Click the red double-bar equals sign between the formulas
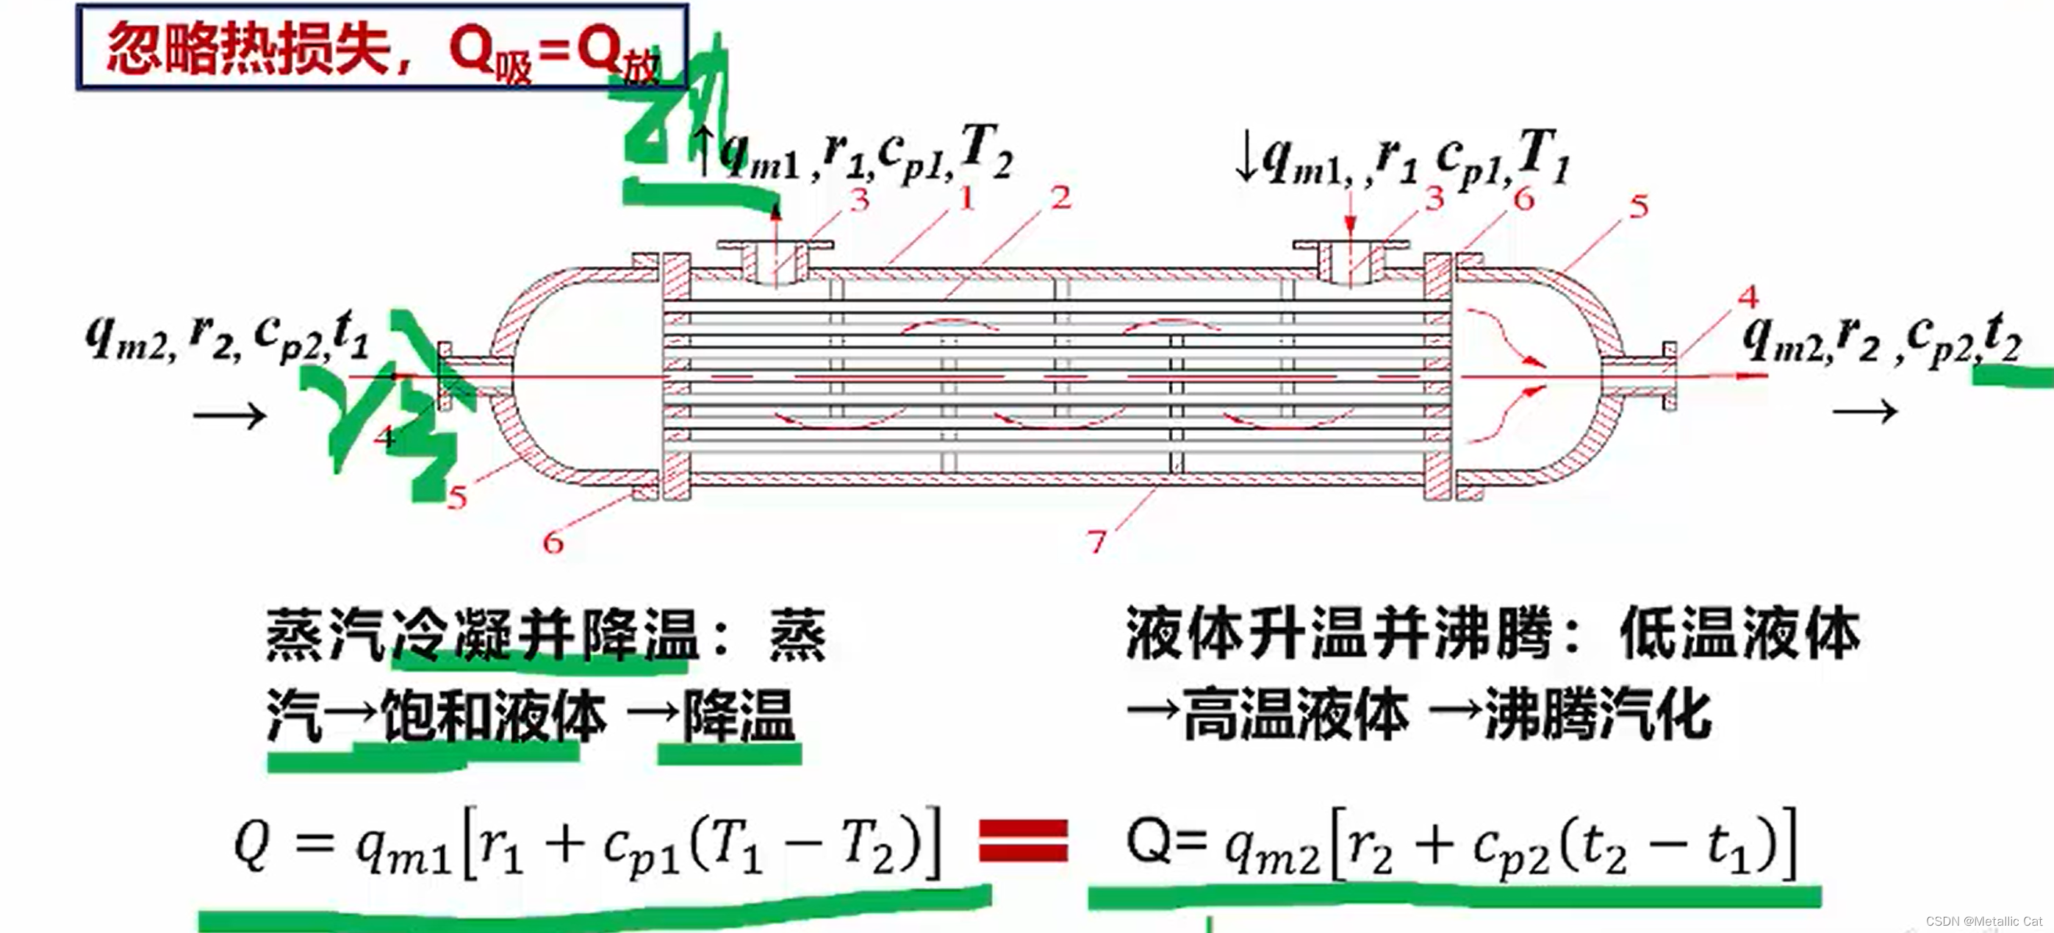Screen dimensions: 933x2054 (x=1023, y=840)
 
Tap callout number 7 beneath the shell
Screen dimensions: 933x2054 (x=1097, y=543)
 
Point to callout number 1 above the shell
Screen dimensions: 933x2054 (x=966, y=198)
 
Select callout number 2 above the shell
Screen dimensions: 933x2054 (x=1060, y=198)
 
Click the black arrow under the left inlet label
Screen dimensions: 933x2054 (x=229, y=415)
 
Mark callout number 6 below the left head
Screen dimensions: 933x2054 (x=553, y=543)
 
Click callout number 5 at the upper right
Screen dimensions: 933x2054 (x=1639, y=207)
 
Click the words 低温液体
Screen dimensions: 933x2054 (x=1739, y=634)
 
